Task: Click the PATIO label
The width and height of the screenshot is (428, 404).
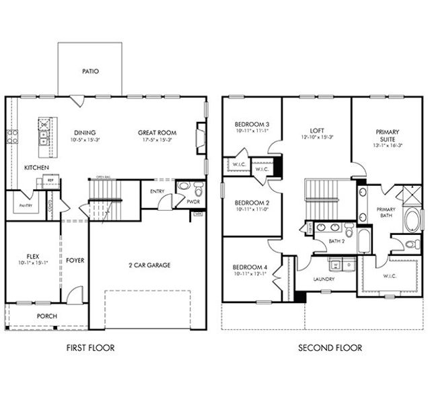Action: point(90,71)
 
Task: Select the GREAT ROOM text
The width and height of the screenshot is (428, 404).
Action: point(157,133)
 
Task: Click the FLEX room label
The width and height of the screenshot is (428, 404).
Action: point(32,256)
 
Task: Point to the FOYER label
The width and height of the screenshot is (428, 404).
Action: point(75,260)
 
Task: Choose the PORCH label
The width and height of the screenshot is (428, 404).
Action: point(46,316)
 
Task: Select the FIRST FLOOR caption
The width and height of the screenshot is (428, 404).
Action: point(90,348)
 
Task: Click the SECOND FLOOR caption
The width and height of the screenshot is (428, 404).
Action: point(330,348)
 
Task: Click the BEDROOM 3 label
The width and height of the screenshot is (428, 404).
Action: point(252,125)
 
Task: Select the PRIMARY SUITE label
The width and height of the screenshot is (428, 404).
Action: point(388,135)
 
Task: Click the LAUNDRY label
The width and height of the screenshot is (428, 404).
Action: point(324,279)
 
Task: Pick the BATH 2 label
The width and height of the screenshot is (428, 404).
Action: point(337,241)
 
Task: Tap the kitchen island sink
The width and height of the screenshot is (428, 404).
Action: point(44,137)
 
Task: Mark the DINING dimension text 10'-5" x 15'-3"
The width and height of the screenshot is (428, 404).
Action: point(85,140)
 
